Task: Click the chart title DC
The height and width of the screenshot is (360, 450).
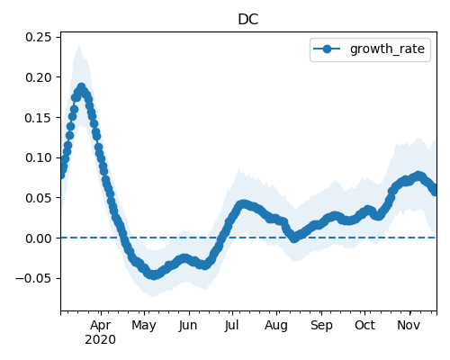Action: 248,20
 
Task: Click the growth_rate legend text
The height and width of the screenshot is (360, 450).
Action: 387,49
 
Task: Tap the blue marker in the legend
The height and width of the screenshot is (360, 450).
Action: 327,49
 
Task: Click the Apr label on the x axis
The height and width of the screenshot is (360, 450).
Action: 101,325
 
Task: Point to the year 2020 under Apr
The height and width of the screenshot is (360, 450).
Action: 100,339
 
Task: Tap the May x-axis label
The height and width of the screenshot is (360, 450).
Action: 144,326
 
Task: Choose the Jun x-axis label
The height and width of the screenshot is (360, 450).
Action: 188,325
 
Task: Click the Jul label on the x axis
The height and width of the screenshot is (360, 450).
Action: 231,325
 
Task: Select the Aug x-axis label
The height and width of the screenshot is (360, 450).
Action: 276,326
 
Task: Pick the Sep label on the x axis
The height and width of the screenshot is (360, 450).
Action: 321,326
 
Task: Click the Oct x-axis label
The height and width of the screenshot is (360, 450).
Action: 364,325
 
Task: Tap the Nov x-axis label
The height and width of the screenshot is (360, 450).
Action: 409,325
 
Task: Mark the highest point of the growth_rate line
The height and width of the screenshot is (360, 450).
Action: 81,87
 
